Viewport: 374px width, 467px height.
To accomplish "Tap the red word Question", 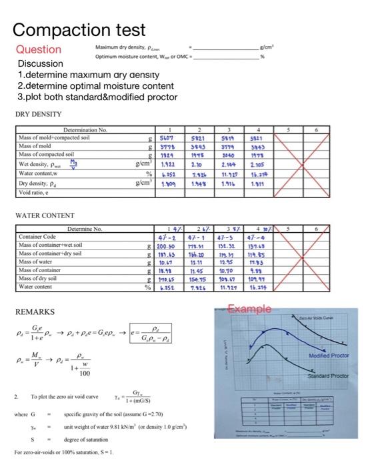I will (x=39, y=49).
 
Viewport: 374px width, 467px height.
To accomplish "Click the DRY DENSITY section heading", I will (x=38, y=114).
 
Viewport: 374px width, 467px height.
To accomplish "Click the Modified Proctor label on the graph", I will (x=330, y=356).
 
